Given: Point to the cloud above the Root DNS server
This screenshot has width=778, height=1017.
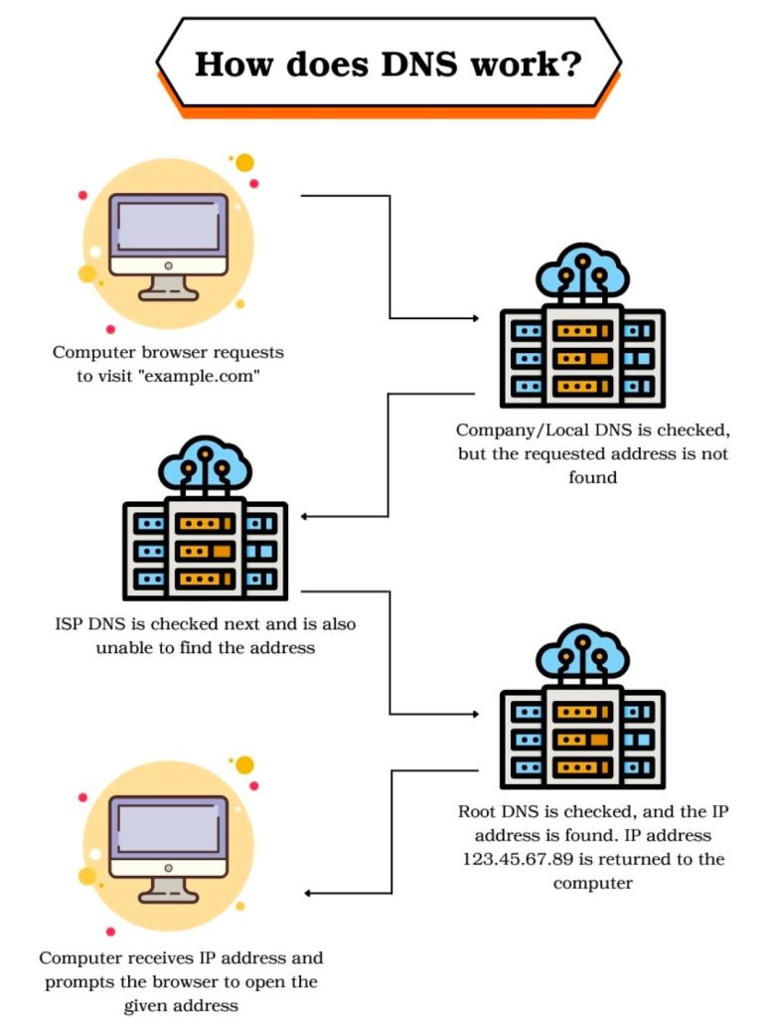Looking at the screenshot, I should tap(582, 652).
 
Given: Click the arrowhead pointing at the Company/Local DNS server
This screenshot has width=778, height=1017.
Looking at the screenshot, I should tap(474, 319).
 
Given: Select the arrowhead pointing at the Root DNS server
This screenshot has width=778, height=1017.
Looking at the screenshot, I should tap(474, 714).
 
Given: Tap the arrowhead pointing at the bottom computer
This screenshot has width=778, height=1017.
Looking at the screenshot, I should tap(307, 893).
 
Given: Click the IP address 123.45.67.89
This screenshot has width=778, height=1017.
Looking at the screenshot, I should tap(527, 859).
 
